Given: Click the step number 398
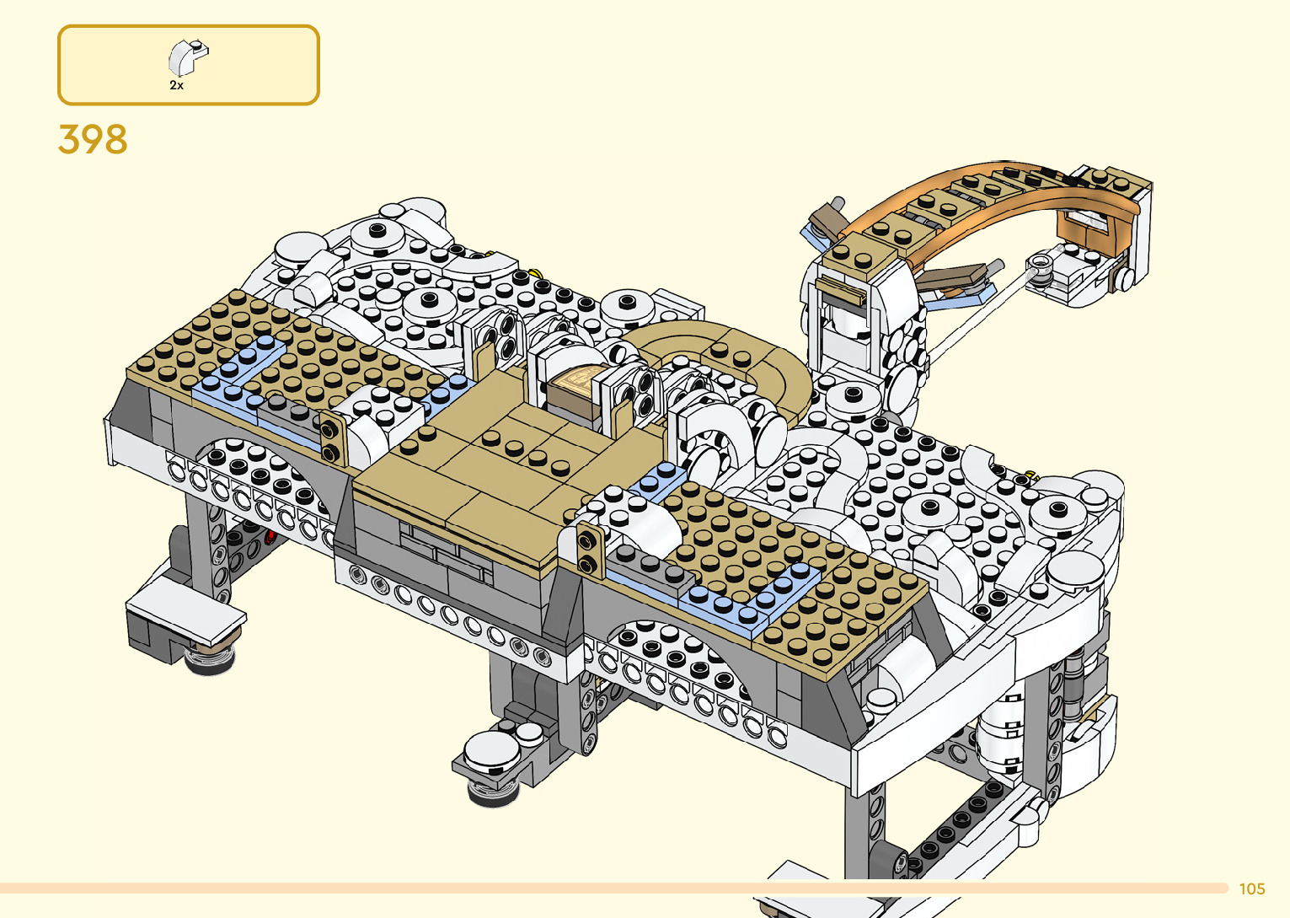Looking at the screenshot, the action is pos(93,139).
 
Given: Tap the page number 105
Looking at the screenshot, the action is pos(1252,888).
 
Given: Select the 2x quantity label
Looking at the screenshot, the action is pos(176,85).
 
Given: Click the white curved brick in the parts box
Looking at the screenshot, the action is pos(188,57).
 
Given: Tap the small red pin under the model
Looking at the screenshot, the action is pos(269,538).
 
